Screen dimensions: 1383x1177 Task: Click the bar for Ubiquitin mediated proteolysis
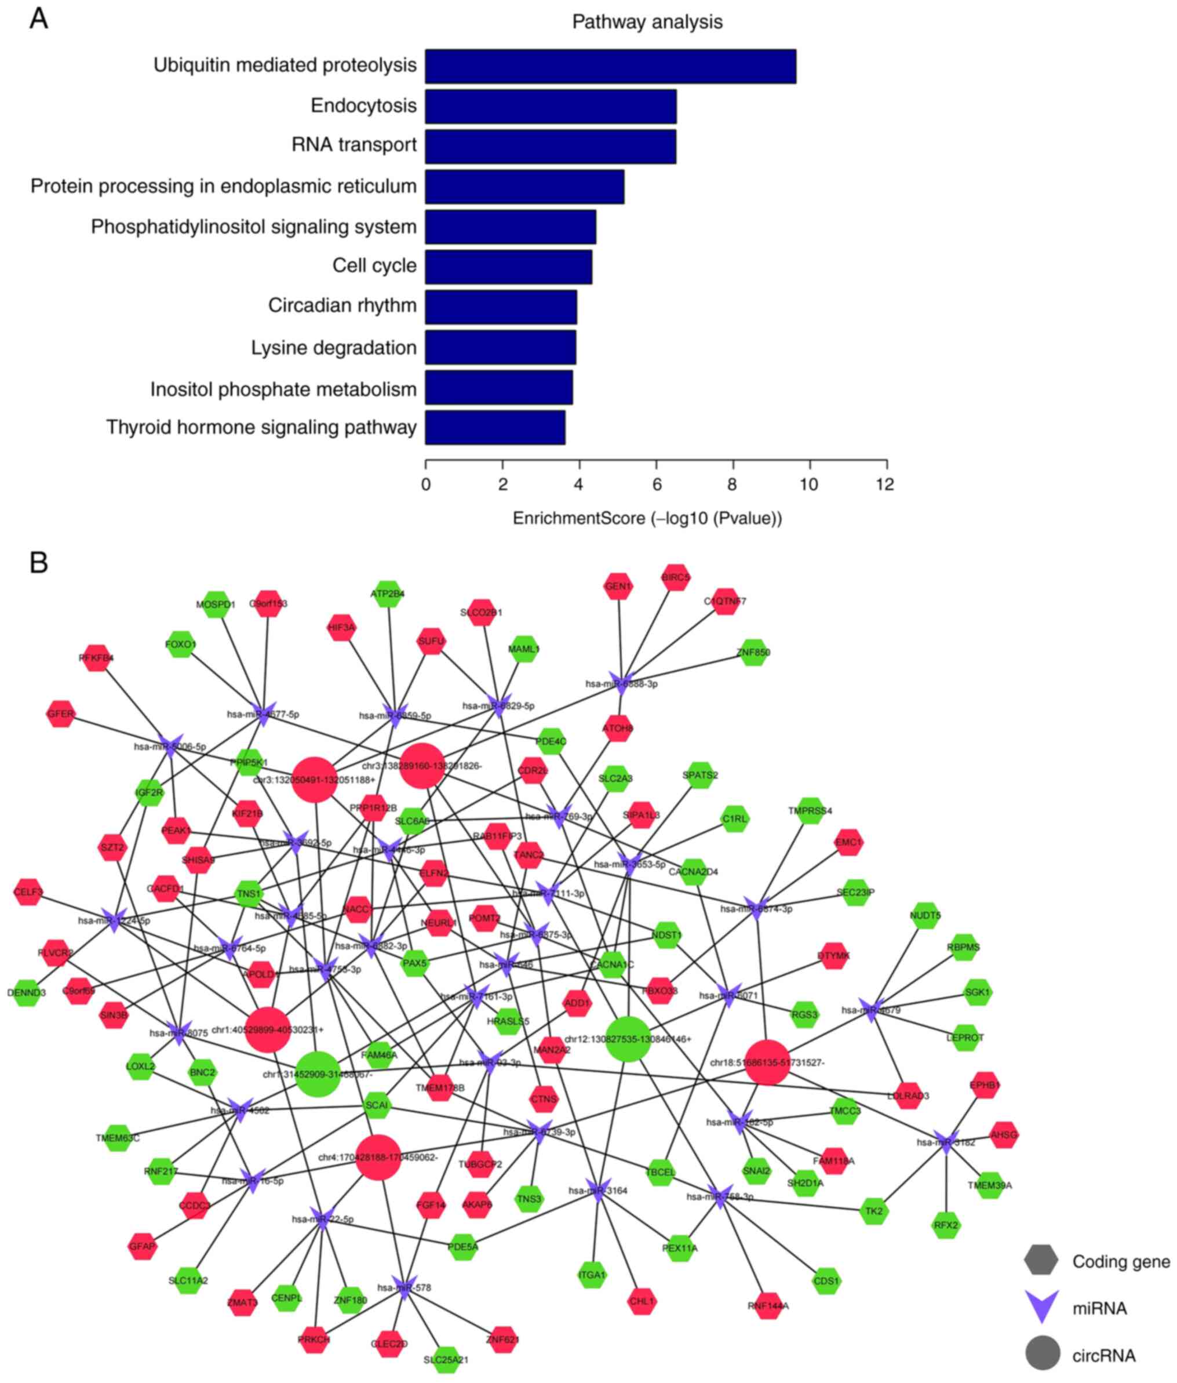tap(610, 66)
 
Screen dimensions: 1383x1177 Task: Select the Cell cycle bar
tap(508, 267)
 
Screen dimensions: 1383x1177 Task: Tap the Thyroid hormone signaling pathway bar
tap(495, 427)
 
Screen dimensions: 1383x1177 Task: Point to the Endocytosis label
tap(363, 105)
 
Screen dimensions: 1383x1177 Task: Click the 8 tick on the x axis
tap(733, 483)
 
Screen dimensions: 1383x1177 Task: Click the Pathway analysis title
tap(647, 22)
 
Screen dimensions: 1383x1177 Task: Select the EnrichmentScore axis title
tap(647, 518)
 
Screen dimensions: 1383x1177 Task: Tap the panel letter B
tap(39, 563)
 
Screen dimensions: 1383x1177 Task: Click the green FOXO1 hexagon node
tap(180, 645)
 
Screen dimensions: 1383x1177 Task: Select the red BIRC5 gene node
tap(675, 578)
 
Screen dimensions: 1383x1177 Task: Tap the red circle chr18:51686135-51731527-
tap(767, 1062)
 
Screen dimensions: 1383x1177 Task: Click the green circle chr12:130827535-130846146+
tap(628, 1039)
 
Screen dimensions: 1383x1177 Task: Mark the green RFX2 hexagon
tap(945, 1225)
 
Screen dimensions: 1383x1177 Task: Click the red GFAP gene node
tap(142, 1246)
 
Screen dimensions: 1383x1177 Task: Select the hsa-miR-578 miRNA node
tap(405, 1287)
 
